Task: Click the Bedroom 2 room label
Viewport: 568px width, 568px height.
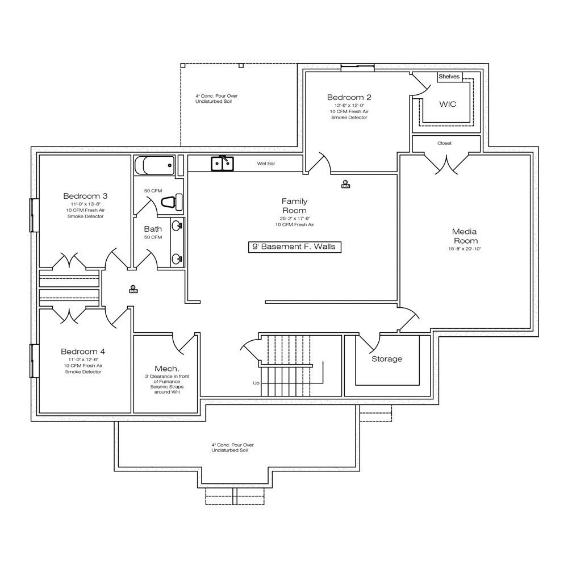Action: pyautogui.click(x=349, y=97)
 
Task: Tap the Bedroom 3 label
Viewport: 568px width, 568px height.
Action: pyautogui.click(x=85, y=196)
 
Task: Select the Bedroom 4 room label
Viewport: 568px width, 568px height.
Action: pyautogui.click(x=83, y=352)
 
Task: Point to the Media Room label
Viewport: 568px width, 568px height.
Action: pyautogui.click(x=465, y=236)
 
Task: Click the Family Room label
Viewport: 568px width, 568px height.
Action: pyautogui.click(x=294, y=206)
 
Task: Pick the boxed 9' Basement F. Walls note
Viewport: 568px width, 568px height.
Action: pyautogui.click(x=294, y=247)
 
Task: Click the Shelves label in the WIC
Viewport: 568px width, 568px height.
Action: pyautogui.click(x=449, y=77)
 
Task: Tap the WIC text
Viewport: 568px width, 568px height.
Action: pyautogui.click(x=448, y=105)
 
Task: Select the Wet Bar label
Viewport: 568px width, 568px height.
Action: pyautogui.click(x=266, y=164)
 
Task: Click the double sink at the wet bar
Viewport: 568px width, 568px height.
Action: pyautogui.click(x=223, y=164)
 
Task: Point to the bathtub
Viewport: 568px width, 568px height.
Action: pyautogui.click(x=154, y=165)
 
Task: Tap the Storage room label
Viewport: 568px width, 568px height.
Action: pyautogui.click(x=387, y=359)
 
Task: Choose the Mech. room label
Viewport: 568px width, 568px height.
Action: pyautogui.click(x=166, y=369)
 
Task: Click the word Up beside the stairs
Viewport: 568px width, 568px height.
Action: pyautogui.click(x=256, y=383)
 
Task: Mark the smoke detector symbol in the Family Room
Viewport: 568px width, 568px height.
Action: pyautogui.click(x=345, y=184)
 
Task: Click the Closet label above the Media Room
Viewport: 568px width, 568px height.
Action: pyautogui.click(x=445, y=143)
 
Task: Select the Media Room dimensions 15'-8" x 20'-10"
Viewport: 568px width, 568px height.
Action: pyautogui.click(x=465, y=249)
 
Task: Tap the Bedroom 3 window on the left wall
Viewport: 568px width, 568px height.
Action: pyautogui.click(x=35, y=215)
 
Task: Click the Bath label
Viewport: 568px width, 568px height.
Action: pyautogui.click(x=153, y=229)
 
